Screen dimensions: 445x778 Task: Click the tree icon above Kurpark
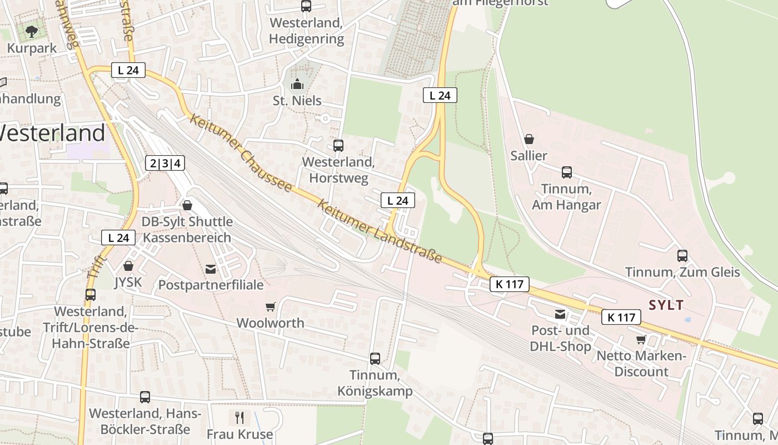pyautogui.click(x=32, y=31)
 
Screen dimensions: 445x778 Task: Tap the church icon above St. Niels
pyautogui.click(x=297, y=84)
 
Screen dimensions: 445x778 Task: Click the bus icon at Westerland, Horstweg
pyautogui.click(x=338, y=146)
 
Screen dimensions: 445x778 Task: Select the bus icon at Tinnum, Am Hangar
pyautogui.click(x=566, y=172)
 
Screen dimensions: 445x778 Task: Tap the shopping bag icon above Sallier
pyautogui.click(x=529, y=139)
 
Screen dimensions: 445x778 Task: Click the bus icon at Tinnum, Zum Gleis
pyautogui.click(x=682, y=256)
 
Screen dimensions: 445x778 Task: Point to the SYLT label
pyautogui.click(x=666, y=305)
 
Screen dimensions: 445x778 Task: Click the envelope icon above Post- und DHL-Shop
pyautogui.click(x=560, y=315)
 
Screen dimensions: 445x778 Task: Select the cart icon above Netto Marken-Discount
pyautogui.click(x=641, y=339)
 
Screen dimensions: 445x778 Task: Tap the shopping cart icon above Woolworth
pyautogui.click(x=271, y=306)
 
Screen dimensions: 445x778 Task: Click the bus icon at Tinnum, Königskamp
pyautogui.click(x=375, y=359)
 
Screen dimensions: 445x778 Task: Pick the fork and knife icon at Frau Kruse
pyautogui.click(x=240, y=417)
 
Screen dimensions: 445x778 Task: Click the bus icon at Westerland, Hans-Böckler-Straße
pyautogui.click(x=145, y=397)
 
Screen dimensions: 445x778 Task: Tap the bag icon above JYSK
pyautogui.click(x=128, y=266)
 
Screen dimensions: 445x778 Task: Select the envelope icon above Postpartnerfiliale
pyautogui.click(x=211, y=269)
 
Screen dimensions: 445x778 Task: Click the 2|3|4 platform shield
pyautogui.click(x=165, y=163)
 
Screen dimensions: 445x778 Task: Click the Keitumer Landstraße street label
pyautogui.click(x=380, y=231)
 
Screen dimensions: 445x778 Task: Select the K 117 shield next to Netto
pyautogui.click(x=621, y=318)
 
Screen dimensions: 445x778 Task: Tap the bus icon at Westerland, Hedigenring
pyautogui.click(x=306, y=6)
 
